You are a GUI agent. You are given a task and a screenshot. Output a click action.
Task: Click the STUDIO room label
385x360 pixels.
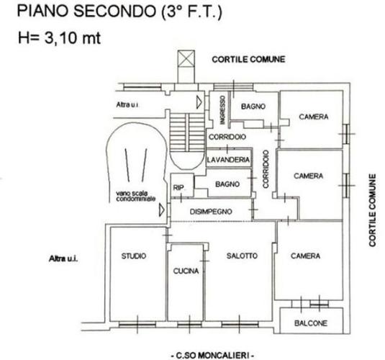(x=134, y=256)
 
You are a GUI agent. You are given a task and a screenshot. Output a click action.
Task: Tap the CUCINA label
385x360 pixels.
(x=186, y=271)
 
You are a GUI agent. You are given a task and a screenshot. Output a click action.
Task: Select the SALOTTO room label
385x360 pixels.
(x=242, y=256)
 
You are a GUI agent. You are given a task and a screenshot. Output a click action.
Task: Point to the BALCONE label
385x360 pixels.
(x=311, y=323)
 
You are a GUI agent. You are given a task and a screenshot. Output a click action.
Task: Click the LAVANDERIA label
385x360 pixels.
(x=228, y=160)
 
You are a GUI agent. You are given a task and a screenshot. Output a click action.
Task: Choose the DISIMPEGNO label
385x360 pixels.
(x=211, y=212)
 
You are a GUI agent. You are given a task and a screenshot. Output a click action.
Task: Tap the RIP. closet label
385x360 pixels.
(x=178, y=188)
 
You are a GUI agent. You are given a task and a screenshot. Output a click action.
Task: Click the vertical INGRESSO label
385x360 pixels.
(x=222, y=110)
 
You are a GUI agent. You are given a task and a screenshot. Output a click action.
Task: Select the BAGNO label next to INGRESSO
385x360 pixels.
(x=253, y=107)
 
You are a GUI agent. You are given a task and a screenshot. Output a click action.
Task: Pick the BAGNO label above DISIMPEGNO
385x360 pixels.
(x=227, y=184)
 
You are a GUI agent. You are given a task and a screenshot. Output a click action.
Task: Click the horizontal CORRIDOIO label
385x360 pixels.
(x=227, y=137)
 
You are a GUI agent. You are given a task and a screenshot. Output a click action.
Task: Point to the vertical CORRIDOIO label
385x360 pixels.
(x=266, y=169)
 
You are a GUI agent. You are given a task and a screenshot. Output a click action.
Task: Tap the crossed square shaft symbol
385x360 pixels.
(x=186, y=58)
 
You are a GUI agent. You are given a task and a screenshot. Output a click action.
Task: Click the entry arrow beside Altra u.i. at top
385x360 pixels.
(x=199, y=102)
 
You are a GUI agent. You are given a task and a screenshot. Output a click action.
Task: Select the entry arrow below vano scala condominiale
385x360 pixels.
(x=162, y=210)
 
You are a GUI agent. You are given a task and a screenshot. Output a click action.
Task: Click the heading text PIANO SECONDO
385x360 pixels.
(x=86, y=11)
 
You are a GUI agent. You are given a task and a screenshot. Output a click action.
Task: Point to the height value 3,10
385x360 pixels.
(x=60, y=38)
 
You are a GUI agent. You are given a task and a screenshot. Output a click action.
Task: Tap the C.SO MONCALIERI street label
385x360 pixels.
(x=212, y=356)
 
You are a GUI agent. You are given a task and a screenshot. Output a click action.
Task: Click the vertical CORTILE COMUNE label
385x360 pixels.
(x=373, y=210)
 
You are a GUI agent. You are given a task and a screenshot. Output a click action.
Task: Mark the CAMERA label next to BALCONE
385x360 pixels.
(x=305, y=256)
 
